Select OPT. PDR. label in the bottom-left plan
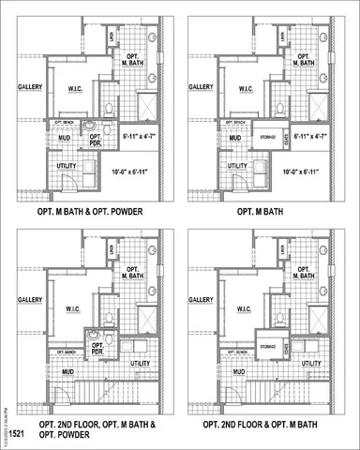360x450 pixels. tap(97, 348)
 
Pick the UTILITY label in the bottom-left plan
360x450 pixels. tap(141, 363)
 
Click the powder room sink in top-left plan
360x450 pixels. tap(89, 125)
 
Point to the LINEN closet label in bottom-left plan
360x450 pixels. tap(112, 251)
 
